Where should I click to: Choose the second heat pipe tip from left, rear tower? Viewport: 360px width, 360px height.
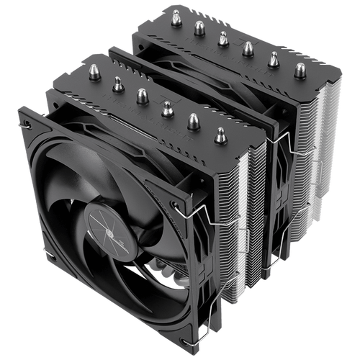(198, 27)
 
